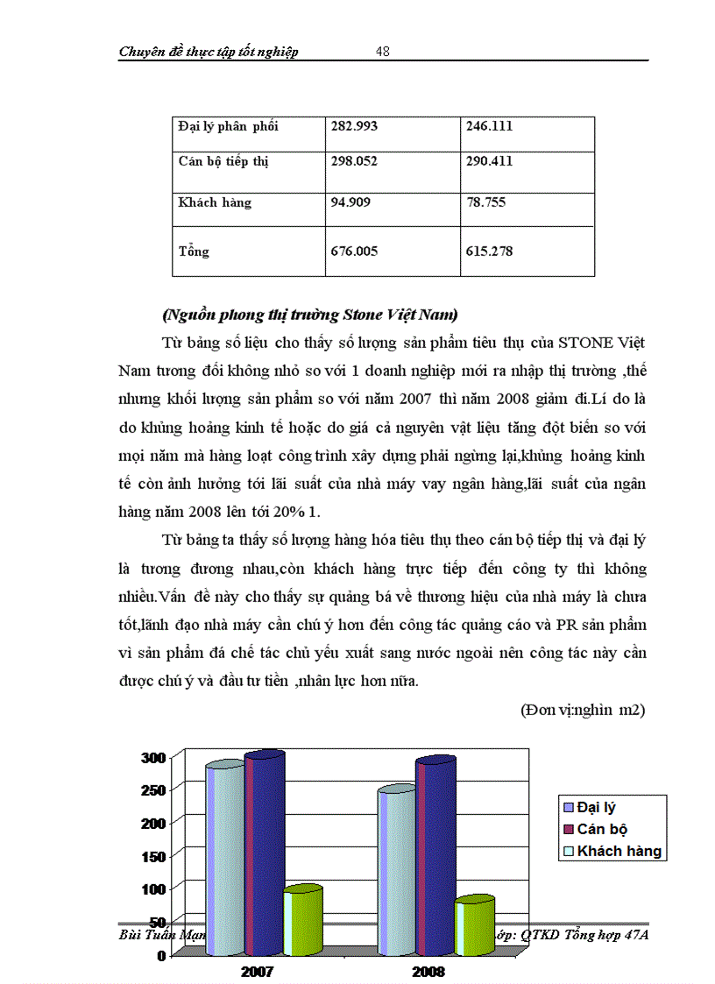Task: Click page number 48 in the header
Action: (383, 51)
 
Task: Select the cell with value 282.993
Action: (354, 126)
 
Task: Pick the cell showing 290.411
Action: (489, 161)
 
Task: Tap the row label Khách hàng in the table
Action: (214, 202)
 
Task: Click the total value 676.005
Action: (354, 251)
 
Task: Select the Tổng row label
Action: (194, 251)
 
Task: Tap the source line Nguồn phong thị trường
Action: (310, 314)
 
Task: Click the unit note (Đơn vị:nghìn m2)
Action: (583, 710)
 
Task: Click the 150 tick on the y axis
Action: (154, 855)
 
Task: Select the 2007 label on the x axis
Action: (258, 972)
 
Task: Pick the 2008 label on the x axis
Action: (428, 972)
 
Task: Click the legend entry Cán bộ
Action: (602, 829)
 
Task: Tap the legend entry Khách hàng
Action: (619, 851)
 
